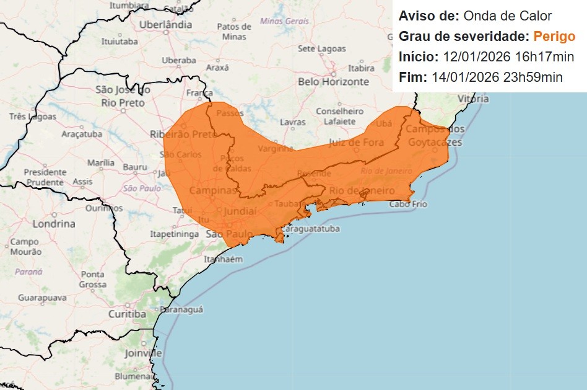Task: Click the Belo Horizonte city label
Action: [333, 81]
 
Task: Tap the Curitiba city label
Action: [126, 314]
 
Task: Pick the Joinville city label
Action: [143, 353]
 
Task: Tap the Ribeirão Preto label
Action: [184, 134]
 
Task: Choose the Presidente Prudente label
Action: [45, 177]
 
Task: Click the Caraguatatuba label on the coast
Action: [311, 229]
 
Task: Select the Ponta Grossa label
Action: [93, 279]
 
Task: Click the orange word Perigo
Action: [554, 36]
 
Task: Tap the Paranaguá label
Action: [181, 309]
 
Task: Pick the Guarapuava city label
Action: [42, 298]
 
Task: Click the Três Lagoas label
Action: [33, 117]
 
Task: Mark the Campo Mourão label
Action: [25, 247]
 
